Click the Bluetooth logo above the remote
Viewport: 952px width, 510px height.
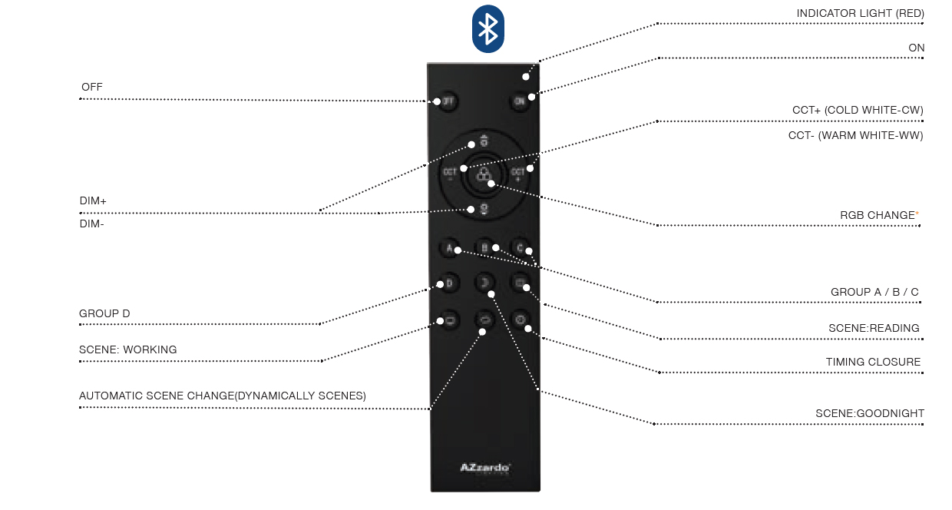tap(488, 29)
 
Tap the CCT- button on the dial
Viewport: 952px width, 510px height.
tap(451, 174)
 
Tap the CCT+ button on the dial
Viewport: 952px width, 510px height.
tap(519, 174)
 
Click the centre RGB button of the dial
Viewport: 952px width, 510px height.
tap(484, 177)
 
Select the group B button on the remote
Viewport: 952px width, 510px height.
tap(484, 247)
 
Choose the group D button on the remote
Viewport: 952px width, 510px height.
tap(448, 283)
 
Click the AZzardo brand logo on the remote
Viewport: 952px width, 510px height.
tap(485, 467)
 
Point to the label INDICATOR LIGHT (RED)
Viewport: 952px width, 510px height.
tap(860, 13)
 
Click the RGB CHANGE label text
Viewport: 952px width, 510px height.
tap(877, 215)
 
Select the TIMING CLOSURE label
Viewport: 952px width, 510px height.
tap(873, 362)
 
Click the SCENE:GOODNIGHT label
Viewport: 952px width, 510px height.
tap(870, 413)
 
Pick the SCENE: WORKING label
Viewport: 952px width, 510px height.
tap(127, 349)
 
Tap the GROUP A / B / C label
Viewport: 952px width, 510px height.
tap(874, 292)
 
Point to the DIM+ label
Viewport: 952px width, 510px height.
tap(93, 200)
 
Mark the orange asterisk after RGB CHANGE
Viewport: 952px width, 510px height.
tap(917, 214)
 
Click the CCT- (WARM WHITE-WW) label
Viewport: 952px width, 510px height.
tap(855, 135)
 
